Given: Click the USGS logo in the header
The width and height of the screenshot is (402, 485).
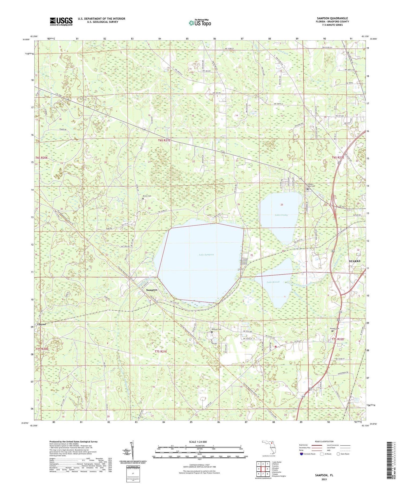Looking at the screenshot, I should [x=61, y=21].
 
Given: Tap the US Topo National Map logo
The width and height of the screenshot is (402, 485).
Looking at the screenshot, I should [x=200, y=23].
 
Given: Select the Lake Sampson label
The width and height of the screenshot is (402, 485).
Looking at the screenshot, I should [x=206, y=255].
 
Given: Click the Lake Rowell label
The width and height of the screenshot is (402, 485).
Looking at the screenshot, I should [x=273, y=282].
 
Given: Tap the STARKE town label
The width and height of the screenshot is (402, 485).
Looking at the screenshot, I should [x=355, y=261].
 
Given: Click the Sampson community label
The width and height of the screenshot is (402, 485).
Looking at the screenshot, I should [x=151, y=290].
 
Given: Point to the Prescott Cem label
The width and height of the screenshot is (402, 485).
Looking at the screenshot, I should [x=217, y=329].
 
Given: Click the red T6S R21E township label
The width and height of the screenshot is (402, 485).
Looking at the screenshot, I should [x=164, y=140].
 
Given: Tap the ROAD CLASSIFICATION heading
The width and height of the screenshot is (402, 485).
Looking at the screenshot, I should [x=324, y=441].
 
